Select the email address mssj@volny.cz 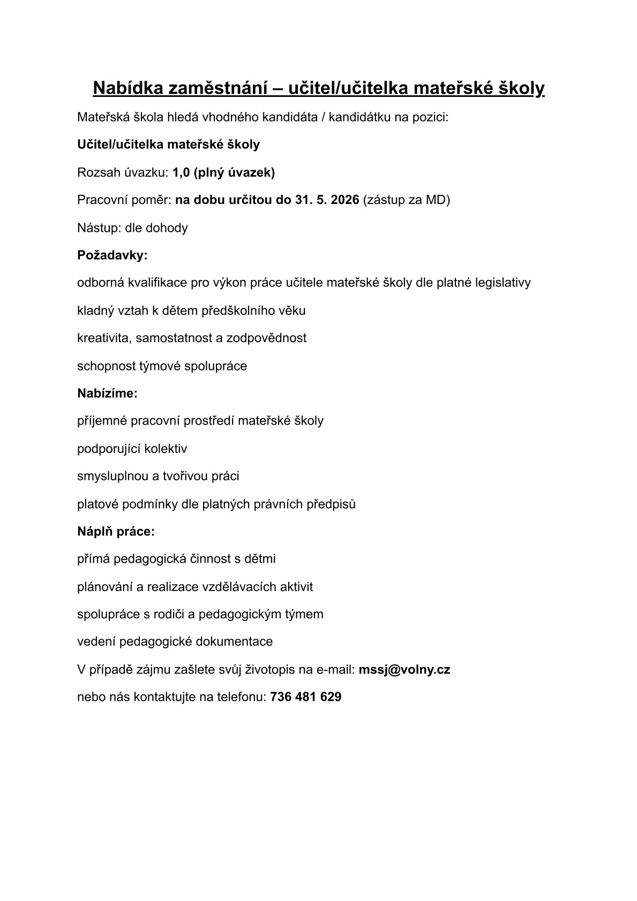coord(404,669)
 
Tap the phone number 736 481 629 coord(306,697)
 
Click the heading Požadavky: coord(112,255)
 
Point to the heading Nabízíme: coord(107,393)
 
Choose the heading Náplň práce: coord(116,532)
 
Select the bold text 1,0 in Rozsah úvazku coord(182,172)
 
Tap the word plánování coord(105,587)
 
